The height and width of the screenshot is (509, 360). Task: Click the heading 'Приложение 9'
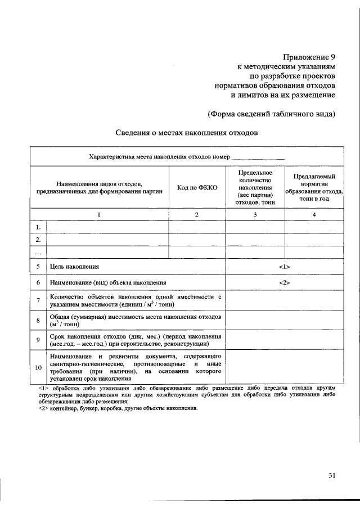tap(308, 56)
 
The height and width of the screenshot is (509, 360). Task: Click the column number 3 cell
tap(255, 214)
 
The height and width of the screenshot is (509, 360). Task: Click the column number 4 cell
tap(314, 214)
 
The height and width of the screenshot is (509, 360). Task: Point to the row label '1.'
tap(38, 227)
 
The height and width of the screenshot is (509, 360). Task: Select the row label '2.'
tap(38, 240)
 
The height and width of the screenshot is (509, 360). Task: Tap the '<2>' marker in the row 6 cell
tap(284, 282)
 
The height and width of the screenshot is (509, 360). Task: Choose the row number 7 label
tap(38, 300)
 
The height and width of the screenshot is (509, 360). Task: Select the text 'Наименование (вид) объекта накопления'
tap(107, 282)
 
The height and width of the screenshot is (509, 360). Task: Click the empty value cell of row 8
tap(284, 321)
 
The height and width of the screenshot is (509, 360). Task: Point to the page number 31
tap(332, 475)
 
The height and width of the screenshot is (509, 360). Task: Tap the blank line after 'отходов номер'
tap(258, 157)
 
